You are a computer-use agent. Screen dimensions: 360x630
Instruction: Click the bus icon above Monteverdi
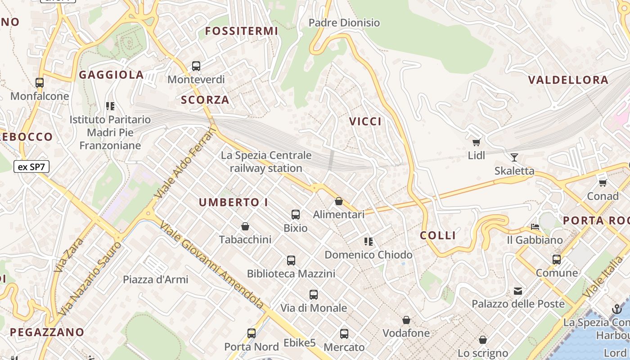coord(196,66)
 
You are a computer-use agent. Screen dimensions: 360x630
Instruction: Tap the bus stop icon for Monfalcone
coord(40,83)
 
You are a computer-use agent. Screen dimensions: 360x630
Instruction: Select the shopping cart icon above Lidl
coord(476,143)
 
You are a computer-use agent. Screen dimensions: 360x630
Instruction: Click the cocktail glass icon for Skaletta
coord(514,157)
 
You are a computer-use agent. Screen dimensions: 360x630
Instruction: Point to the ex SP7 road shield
coord(31,167)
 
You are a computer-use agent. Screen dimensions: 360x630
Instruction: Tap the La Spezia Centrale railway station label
coord(266,162)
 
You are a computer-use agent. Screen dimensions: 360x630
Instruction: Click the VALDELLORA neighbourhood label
coord(568,80)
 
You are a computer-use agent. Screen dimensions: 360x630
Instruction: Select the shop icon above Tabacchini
coord(245,226)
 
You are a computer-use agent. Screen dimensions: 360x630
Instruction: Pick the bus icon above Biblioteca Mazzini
coord(291,260)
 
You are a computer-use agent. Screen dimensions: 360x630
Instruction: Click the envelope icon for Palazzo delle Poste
coord(518,291)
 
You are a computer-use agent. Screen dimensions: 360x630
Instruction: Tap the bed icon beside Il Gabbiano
coord(535,227)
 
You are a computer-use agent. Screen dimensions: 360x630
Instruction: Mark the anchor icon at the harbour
coord(616,309)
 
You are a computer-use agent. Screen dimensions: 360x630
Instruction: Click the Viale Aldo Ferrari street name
coord(185,163)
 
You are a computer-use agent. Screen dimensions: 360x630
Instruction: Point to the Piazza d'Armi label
coord(156,279)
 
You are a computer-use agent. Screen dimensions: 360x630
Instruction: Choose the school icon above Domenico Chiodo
coord(369,242)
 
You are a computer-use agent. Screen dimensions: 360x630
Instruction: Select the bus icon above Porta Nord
coord(252,333)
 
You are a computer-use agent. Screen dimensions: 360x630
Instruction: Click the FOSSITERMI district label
coord(242,31)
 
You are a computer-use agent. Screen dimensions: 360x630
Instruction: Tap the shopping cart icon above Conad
coord(603,183)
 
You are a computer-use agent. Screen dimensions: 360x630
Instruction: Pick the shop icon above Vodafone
coord(406,320)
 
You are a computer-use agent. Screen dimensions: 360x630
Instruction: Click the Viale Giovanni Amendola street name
coord(211,266)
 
